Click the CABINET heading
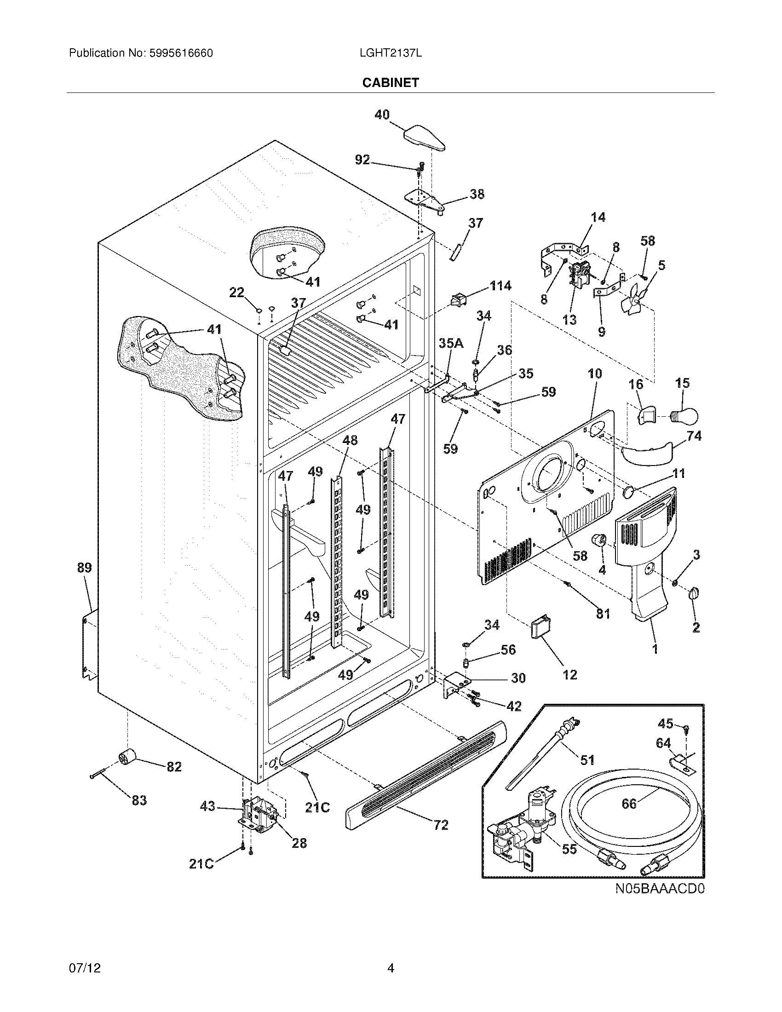click(x=390, y=82)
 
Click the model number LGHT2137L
click(x=390, y=53)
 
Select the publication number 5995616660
click(x=181, y=53)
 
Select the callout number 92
click(x=362, y=160)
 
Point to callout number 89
click(x=84, y=568)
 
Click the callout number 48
click(x=350, y=440)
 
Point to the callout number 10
click(x=595, y=374)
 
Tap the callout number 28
click(x=299, y=843)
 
